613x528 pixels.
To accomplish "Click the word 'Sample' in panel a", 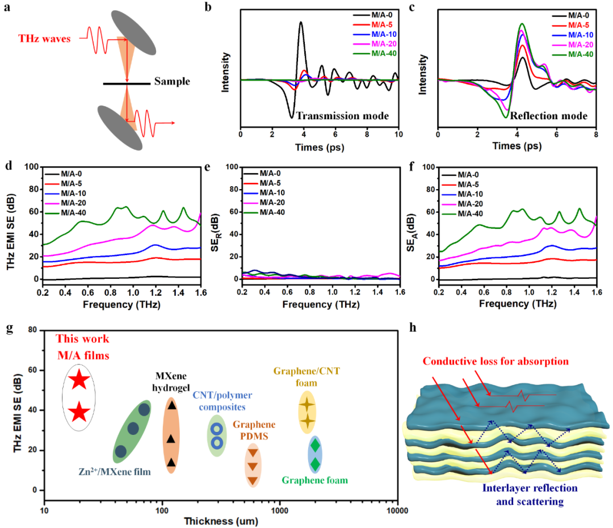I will [172, 82].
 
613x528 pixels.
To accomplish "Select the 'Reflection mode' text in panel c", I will [548, 115].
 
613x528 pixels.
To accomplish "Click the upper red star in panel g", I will [79, 381].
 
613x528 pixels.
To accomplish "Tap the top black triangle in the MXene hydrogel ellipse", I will [171, 405].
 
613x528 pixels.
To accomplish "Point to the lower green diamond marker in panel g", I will [315, 464].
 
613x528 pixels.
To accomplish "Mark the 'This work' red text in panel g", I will [79, 341].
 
